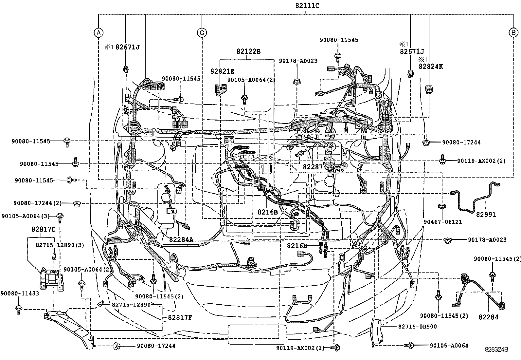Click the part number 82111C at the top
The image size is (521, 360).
coord(306,6)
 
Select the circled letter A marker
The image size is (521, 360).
coord(98,32)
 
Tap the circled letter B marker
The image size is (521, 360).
coord(513,32)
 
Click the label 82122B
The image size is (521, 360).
coord(249,51)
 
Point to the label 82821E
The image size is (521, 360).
coord(222,71)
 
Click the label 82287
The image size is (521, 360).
coord(313,167)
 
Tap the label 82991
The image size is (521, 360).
coord(486,215)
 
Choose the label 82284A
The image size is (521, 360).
coord(181,240)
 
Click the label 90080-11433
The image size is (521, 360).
coord(20,294)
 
